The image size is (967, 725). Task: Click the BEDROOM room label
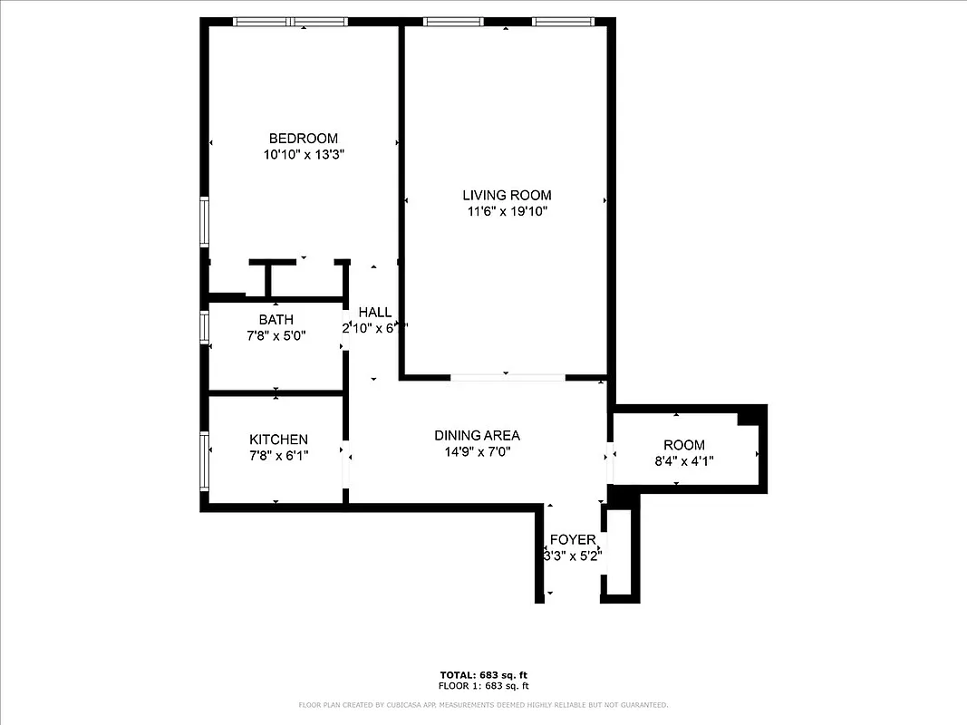coord(303,139)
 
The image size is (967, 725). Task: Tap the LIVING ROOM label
coord(507,195)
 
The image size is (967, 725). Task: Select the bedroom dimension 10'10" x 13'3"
coord(303,155)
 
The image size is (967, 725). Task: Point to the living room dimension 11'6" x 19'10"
coord(507,211)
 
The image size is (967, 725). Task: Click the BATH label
coord(276,320)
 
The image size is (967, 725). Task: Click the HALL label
coord(375,313)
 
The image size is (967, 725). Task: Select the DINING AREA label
coord(477,435)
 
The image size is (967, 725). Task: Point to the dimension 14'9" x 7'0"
coord(477,451)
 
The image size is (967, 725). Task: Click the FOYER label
coord(573,539)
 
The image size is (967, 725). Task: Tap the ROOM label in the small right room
coord(683,445)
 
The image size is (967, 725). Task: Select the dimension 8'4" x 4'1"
coord(683,461)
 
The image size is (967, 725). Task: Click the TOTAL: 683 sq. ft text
coord(483,675)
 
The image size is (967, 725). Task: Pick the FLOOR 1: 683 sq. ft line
coord(483,686)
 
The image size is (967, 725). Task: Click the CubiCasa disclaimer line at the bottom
coord(483,704)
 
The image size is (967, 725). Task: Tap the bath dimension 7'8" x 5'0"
coord(276,336)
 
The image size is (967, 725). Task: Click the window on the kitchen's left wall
coord(205,461)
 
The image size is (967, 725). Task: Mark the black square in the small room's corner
coord(749,416)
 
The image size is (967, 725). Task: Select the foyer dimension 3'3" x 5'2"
coord(573,556)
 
